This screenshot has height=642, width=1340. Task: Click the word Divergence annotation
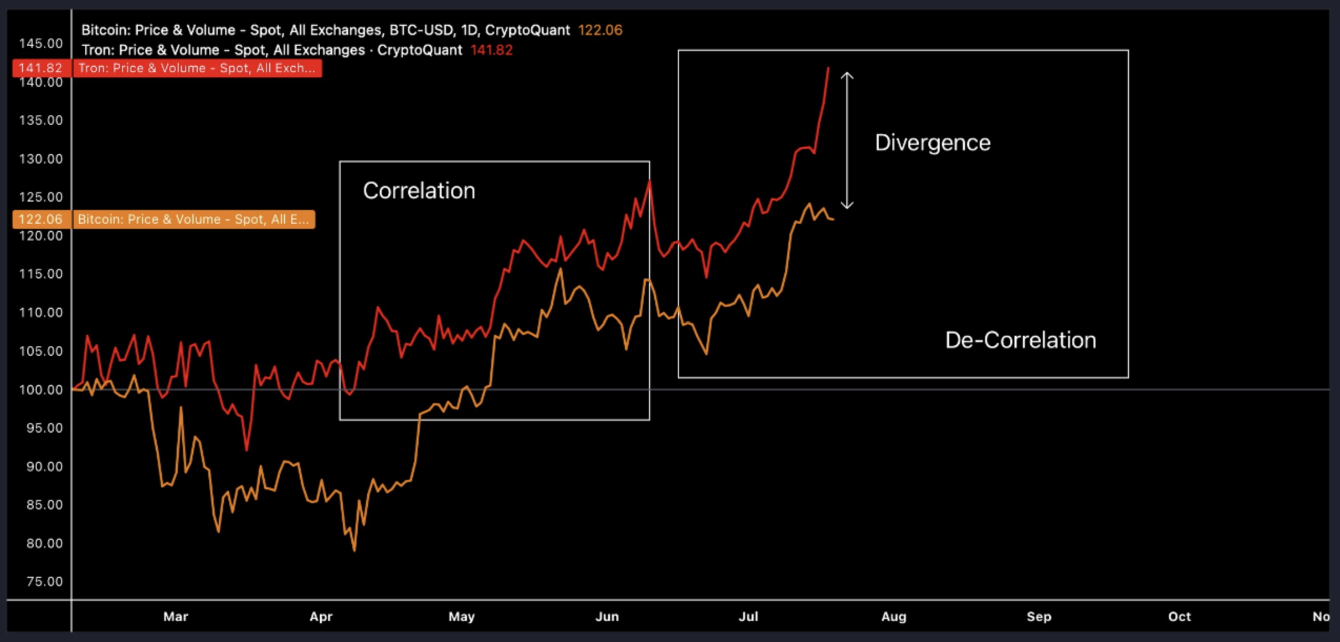pyautogui.click(x=932, y=143)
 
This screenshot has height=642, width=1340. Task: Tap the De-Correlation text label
pyautogui.click(x=1020, y=340)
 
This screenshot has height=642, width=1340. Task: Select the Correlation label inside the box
pyautogui.click(x=419, y=190)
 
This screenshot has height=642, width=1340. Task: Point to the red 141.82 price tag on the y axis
pyautogui.click(x=40, y=68)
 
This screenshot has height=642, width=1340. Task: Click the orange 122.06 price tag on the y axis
pyautogui.click(x=40, y=219)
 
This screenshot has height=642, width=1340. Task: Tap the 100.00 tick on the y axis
pyautogui.click(x=40, y=389)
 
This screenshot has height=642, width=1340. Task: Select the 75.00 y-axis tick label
pyautogui.click(x=44, y=581)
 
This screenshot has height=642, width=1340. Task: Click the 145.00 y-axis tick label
pyautogui.click(x=40, y=43)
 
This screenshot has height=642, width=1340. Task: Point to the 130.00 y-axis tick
pyautogui.click(x=40, y=158)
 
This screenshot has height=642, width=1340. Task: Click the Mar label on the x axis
pyautogui.click(x=176, y=616)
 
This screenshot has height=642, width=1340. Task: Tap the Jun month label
pyautogui.click(x=607, y=616)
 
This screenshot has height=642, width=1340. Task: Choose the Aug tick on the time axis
pyautogui.click(x=894, y=616)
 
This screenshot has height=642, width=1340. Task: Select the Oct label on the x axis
pyautogui.click(x=1179, y=616)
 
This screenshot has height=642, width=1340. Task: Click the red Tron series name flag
pyautogui.click(x=197, y=68)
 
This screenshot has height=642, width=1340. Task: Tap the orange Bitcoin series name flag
pyautogui.click(x=193, y=219)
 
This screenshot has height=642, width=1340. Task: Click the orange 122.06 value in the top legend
pyautogui.click(x=600, y=30)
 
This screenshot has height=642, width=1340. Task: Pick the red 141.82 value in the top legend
pyautogui.click(x=491, y=50)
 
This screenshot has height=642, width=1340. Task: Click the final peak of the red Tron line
pyautogui.click(x=828, y=68)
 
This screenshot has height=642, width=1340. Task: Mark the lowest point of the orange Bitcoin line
pyautogui.click(x=354, y=550)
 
